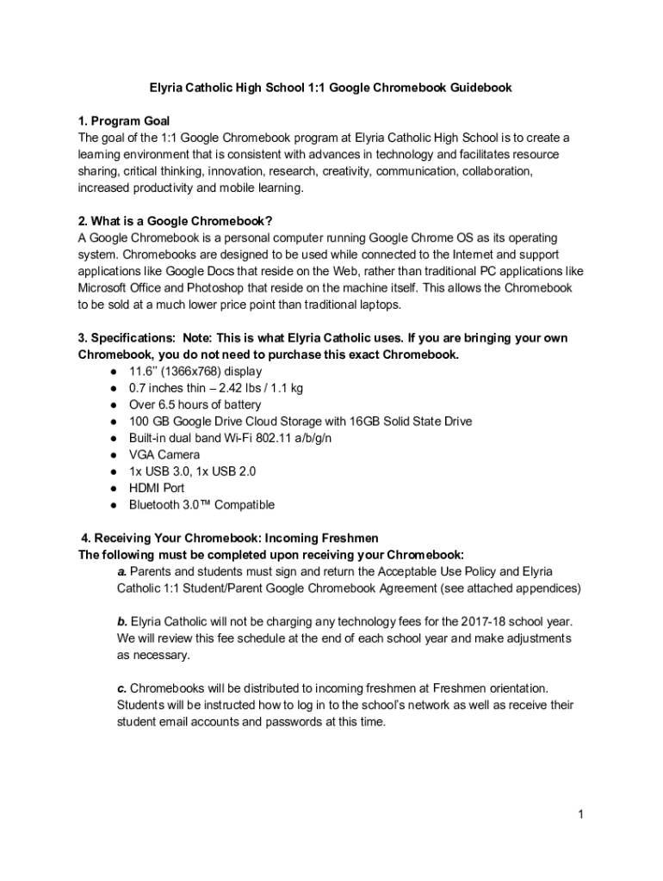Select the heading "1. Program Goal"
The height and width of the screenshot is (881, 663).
point(123,121)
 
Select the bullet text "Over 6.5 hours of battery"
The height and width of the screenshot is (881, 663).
point(195,404)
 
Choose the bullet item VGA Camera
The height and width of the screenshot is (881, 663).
point(164,454)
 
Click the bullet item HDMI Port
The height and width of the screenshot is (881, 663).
point(157,488)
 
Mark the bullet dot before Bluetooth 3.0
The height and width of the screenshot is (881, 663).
point(113,505)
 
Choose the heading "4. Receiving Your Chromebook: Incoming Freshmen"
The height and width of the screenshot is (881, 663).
point(230,539)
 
